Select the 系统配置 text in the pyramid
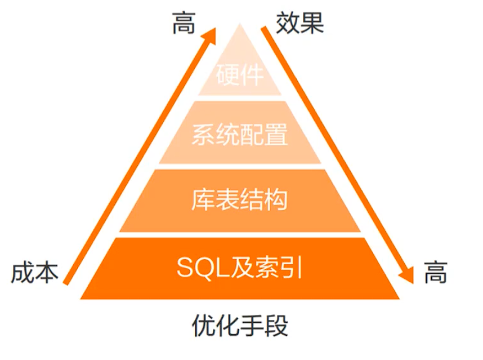240,136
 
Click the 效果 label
300,23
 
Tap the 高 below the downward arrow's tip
436,274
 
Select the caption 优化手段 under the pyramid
240,326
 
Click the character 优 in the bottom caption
203,326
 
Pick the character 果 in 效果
312,23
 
